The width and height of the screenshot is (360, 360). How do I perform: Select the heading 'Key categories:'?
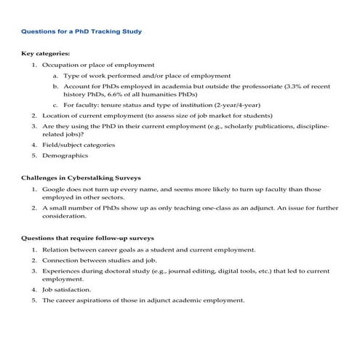[46, 55]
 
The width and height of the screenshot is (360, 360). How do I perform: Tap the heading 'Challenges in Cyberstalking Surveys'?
[80, 177]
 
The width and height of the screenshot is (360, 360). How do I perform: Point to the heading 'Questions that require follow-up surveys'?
[87, 239]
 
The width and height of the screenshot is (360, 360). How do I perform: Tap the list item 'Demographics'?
[65, 155]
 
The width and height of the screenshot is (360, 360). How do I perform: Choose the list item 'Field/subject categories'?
[79, 145]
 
